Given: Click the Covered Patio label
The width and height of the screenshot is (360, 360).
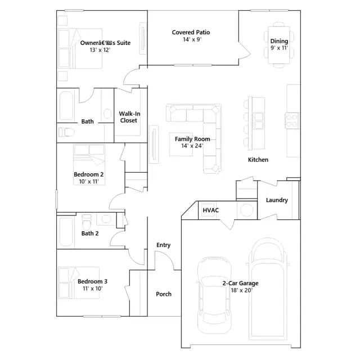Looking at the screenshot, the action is point(191,33).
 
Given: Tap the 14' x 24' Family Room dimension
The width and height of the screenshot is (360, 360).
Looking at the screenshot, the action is point(192,146).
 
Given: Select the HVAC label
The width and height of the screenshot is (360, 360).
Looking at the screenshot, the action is point(211,210).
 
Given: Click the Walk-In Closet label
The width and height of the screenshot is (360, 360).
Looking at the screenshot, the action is point(129,117).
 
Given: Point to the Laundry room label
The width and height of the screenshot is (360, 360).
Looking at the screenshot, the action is point(277,200).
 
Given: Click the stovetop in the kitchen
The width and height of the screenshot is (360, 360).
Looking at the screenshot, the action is point(292,121).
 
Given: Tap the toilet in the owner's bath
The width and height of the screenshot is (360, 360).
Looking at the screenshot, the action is point(66,132).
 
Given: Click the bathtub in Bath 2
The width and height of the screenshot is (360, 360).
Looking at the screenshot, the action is point(66,232).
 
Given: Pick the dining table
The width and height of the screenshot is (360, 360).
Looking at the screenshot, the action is point(279,45).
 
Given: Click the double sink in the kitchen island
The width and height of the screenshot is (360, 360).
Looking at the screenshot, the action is point(259,121).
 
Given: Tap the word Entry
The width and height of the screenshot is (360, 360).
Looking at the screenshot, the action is point(164,245).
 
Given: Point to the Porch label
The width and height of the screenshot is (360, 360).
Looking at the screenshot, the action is point(164,294).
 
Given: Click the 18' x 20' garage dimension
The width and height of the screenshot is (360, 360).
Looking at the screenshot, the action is point(241,290).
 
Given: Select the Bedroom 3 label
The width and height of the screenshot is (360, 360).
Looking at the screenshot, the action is point(92,281).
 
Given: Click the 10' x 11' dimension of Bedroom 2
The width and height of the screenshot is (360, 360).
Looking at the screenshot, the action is point(89,182).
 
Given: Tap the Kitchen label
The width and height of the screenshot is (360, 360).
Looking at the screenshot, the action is point(258,160).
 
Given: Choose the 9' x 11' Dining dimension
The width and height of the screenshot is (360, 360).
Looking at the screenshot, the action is point(279,48).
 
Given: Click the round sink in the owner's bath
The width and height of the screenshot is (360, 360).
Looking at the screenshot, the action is point(107,114).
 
